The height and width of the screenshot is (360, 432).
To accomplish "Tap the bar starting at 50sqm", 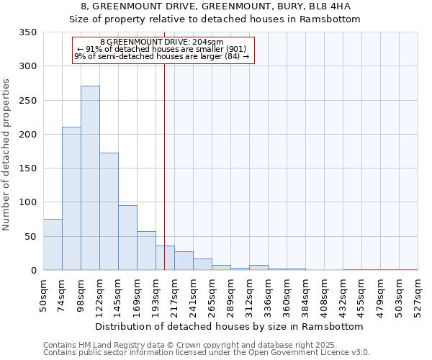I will click(x=53, y=245).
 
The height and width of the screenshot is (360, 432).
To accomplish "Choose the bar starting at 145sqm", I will click(x=127, y=238).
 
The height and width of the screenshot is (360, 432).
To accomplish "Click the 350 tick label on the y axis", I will click(x=27, y=32).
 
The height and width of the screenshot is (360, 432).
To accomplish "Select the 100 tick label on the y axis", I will click(x=27, y=202).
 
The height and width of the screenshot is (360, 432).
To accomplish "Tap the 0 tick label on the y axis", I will click(x=33, y=271).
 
